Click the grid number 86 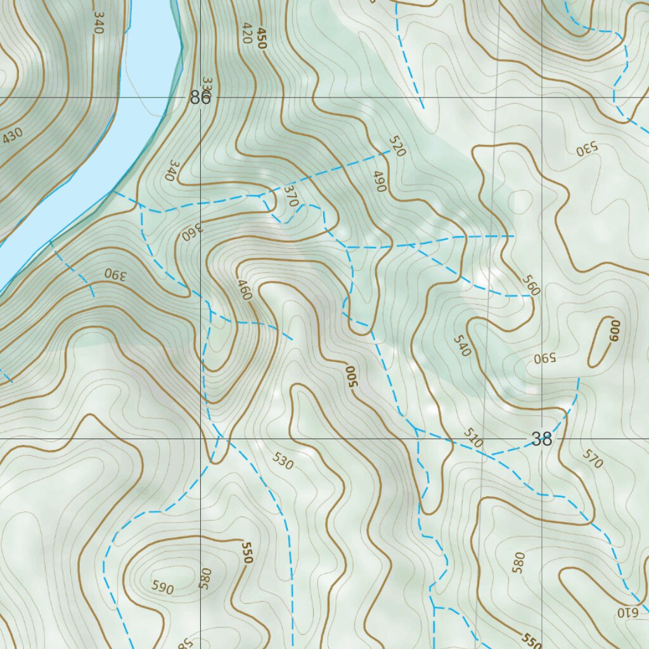200,98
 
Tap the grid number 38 542,439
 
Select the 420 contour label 247,33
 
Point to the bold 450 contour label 262,38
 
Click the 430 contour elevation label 13,136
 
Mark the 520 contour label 397,147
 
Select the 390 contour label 116,274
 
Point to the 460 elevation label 245,290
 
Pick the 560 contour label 530,285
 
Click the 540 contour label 463,345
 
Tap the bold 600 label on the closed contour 614,330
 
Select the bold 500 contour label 350,376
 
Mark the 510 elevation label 473,438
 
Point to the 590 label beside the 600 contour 544,357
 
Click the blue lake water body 127,127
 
